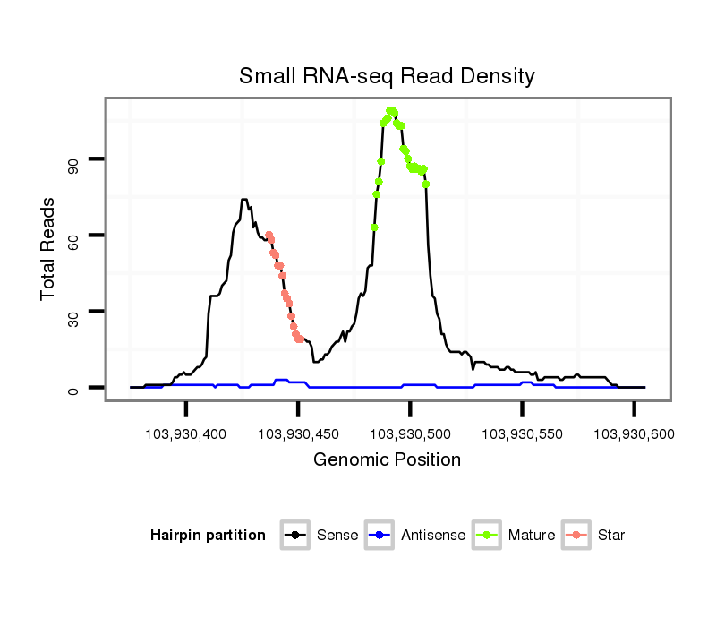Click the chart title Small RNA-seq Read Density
tap(387, 76)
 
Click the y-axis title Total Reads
tap(49, 248)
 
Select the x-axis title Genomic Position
tap(387, 460)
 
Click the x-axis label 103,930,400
tap(187, 434)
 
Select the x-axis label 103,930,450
tap(299, 434)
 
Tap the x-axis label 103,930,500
tap(411, 434)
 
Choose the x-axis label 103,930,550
tap(523, 434)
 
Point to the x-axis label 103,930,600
tap(635, 434)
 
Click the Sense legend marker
tap(295, 536)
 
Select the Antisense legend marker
tap(380, 536)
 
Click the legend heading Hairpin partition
tap(208, 536)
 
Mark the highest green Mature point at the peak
tap(390, 110)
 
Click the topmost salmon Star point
tap(269, 235)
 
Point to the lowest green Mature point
tap(374, 227)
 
